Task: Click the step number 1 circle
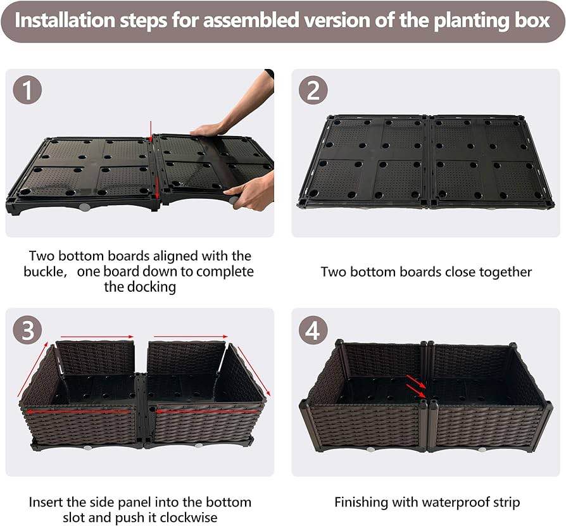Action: [27, 90]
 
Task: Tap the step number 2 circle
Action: [313, 90]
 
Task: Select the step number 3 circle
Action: [27, 330]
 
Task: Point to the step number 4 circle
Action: [313, 330]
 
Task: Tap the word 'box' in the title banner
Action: [532, 20]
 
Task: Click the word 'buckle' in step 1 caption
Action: [43, 272]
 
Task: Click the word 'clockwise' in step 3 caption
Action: [189, 518]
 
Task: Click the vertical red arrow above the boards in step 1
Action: [151, 131]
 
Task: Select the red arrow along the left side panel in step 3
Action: [32, 370]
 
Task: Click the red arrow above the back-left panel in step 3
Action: [96, 337]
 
